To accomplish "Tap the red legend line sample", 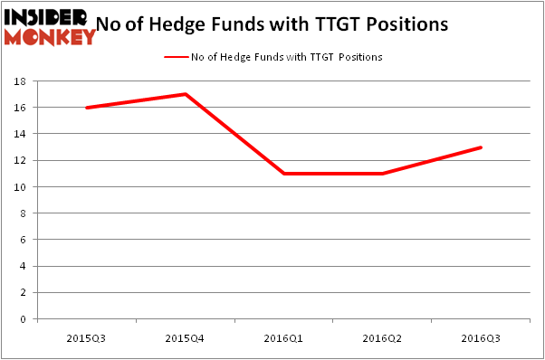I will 175,57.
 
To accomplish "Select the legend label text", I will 286,57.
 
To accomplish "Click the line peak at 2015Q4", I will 185,94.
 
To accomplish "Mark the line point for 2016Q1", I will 283,174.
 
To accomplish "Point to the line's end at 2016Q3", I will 481,147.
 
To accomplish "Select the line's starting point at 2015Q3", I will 86,108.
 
